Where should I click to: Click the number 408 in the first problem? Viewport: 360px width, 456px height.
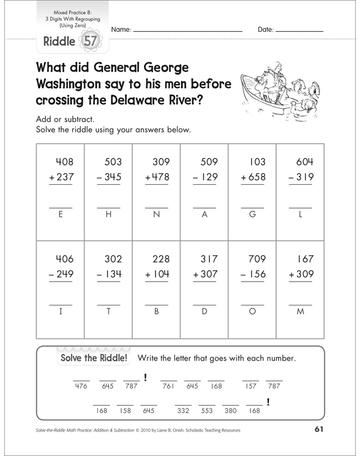[x=64, y=163]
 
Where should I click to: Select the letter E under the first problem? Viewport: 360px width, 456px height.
[x=60, y=215]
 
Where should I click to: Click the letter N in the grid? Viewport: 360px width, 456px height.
[x=156, y=215]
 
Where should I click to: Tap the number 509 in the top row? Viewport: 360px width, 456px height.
[x=209, y=163]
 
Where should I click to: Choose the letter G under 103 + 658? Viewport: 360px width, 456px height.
[x=252, y=215]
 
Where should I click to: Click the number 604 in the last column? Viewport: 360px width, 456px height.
[x=300, y=163]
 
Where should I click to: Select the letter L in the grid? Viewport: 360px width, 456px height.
[x=300, y=215]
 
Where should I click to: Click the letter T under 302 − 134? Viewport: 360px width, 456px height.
[x=108, y=311]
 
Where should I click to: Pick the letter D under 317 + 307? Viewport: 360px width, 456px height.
[x=204, y=311]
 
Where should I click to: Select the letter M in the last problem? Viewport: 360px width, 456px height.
[x=300, y=311]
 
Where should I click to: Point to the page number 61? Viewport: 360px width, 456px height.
[x=318, y=429]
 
